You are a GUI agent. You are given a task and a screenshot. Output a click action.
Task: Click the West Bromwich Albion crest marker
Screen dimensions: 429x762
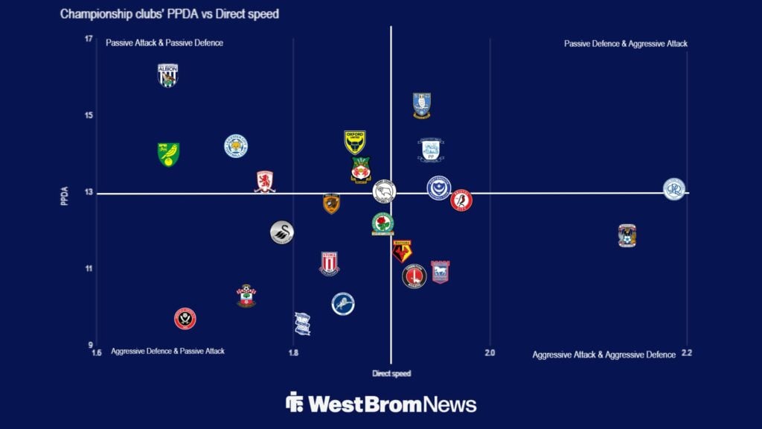[168, 75]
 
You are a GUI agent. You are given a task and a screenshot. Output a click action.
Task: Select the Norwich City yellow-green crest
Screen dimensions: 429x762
[168, 154]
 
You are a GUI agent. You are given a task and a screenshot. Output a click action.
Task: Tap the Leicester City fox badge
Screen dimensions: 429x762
[236, 146]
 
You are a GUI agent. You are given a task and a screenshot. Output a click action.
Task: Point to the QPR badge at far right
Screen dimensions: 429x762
[674, 188]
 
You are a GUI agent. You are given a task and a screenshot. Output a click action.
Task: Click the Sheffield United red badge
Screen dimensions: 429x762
[185, 319]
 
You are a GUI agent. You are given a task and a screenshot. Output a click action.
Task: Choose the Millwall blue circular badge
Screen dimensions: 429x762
[343, 304]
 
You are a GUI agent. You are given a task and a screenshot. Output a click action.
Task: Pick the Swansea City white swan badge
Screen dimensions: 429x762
[282, 233]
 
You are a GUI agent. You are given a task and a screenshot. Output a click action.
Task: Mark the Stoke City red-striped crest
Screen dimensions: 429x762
[330, 264]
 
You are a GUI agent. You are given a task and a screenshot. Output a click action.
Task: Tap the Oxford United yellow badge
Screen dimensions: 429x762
[355, 142]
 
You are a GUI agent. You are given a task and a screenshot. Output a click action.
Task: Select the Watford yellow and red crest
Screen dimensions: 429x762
[403, 251]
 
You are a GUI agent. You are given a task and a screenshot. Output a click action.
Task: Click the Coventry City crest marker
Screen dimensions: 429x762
[627, 235]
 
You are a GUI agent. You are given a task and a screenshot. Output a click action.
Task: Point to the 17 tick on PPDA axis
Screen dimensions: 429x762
[89, 39]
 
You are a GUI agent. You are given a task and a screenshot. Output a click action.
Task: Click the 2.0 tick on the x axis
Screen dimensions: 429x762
[489, 353]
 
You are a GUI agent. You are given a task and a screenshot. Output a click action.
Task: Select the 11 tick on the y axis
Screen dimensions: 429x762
[89, 269]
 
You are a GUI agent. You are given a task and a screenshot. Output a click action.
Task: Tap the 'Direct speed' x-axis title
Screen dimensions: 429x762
[391, 373]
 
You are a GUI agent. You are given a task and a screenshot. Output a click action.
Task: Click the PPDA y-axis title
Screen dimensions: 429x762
[65, 195]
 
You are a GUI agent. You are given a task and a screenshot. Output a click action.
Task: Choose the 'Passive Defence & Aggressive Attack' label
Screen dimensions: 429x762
[625, 44]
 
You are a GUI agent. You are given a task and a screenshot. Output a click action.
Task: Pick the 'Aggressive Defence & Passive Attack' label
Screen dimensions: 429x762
[167, 351]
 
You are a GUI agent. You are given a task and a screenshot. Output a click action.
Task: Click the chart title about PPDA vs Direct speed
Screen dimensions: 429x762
[170, 14]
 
